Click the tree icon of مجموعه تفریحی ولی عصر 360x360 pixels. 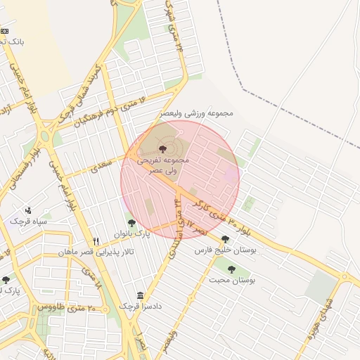coord(163,148)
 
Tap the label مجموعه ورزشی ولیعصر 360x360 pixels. coord(196,112)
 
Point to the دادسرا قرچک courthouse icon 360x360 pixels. coord(141,295)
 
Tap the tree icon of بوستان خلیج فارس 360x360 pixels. coord(225,239)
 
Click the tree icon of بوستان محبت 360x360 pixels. coord(231,269)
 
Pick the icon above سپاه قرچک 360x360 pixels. coord(28,210)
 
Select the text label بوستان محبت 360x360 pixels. coord(233,280)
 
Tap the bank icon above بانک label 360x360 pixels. coord(4,31)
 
